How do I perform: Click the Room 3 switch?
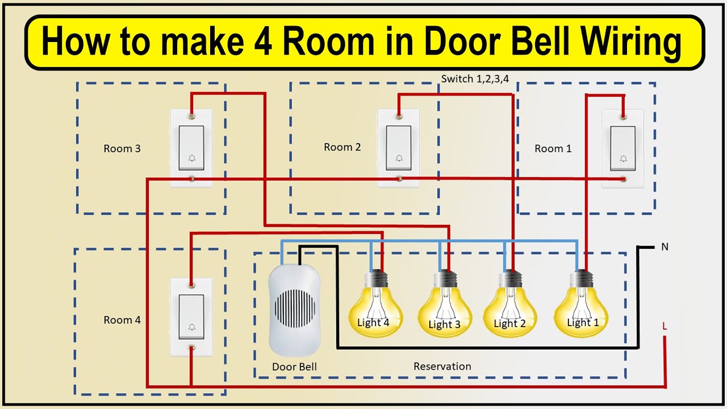191,147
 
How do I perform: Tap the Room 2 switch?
399,147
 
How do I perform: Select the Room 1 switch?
623,147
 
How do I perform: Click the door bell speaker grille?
294,308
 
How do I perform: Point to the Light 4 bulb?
375,310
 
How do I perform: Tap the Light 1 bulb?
581,310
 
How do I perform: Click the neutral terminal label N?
665,247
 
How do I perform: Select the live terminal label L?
665,327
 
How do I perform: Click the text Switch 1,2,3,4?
475,79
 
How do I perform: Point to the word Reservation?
442,366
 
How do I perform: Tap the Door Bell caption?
294,367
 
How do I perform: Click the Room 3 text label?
122,149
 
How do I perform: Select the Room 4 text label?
122,320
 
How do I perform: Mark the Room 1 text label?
553,149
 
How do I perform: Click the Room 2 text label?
342,147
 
